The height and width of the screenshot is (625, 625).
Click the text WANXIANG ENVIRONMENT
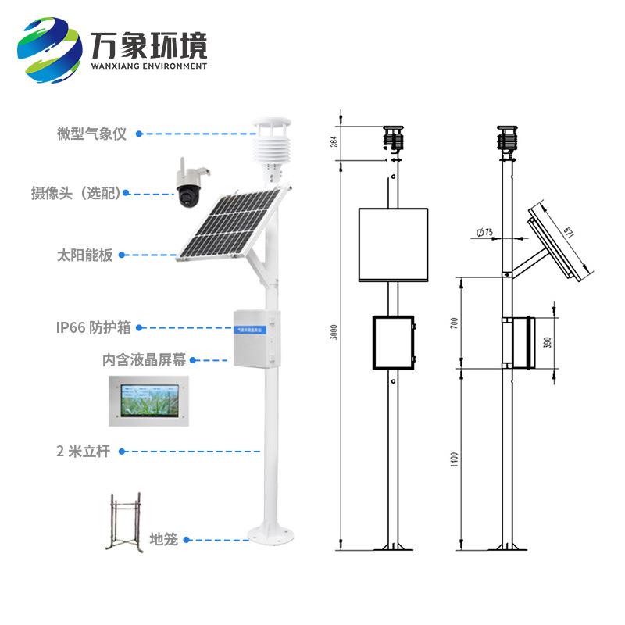[149, 66]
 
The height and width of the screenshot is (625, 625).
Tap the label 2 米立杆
[84, 451]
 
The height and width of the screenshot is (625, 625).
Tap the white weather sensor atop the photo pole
[270, 144]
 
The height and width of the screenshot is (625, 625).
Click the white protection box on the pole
[255, 337]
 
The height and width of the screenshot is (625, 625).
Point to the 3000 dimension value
[335, 332]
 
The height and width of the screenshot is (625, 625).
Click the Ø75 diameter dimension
[484, 232]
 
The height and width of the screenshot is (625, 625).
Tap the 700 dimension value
[455, 323]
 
